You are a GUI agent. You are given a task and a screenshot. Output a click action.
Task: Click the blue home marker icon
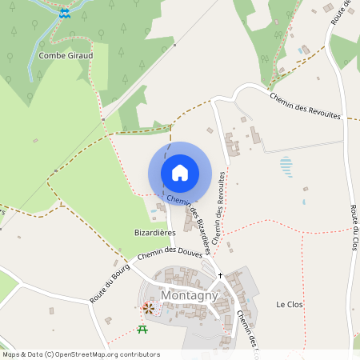(180, 173)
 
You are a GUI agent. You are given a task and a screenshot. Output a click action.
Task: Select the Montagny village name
(190, 295)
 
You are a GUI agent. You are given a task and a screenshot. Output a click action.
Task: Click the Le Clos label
(286, 305)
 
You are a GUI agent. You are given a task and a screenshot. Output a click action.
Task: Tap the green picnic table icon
(142, 328)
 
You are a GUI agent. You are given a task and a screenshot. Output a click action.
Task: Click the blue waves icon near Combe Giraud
(65, 14)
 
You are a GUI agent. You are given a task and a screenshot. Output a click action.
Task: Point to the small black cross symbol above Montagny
(221, 274)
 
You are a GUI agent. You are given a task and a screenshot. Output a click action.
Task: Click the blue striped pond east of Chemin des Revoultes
(286, 166)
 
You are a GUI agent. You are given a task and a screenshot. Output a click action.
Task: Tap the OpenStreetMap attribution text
(80, 354)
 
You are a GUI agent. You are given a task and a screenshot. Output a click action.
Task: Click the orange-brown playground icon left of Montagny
(148, 306)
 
